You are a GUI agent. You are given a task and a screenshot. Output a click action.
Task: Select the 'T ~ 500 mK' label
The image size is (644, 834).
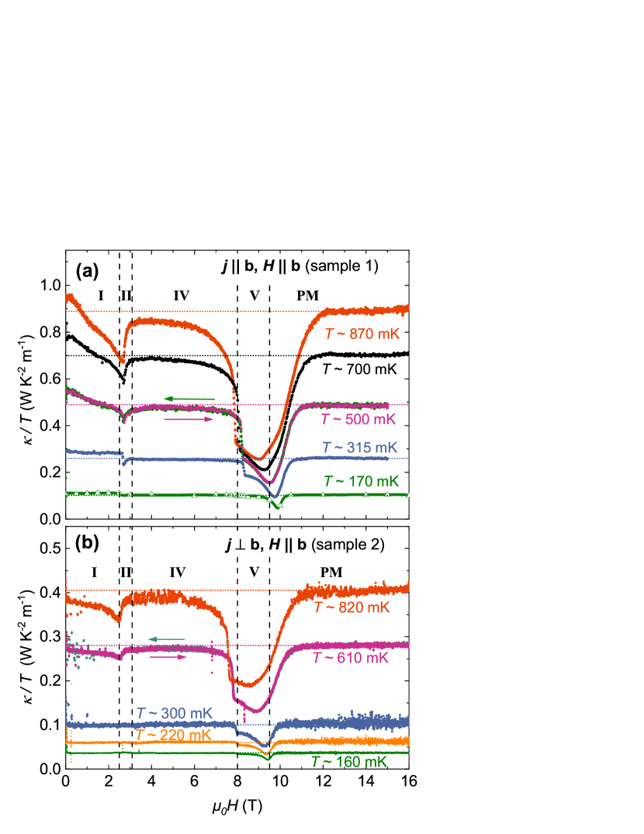tap(358, 420)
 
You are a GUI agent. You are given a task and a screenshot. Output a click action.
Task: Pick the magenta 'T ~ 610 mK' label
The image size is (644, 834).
tap(351, 658)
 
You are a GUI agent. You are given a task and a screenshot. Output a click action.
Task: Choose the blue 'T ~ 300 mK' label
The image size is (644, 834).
tap(174, 713)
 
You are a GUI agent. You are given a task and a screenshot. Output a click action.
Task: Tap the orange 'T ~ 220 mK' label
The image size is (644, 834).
tap(173, 734)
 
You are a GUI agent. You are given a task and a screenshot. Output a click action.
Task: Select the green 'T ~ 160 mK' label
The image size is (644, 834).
tap(348, 762)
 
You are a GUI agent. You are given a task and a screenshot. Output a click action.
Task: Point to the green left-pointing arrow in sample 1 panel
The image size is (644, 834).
tap(189, 399)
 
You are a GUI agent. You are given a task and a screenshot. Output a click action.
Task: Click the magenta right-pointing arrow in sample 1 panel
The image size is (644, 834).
tap(189, 419)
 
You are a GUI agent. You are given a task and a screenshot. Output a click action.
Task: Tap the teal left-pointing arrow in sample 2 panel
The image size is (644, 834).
tap(166, 638)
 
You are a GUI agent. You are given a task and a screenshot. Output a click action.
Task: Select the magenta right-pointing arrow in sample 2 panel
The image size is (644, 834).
tap(168, 656)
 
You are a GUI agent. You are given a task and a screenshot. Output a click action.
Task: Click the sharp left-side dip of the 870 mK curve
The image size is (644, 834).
tap(122, 362)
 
